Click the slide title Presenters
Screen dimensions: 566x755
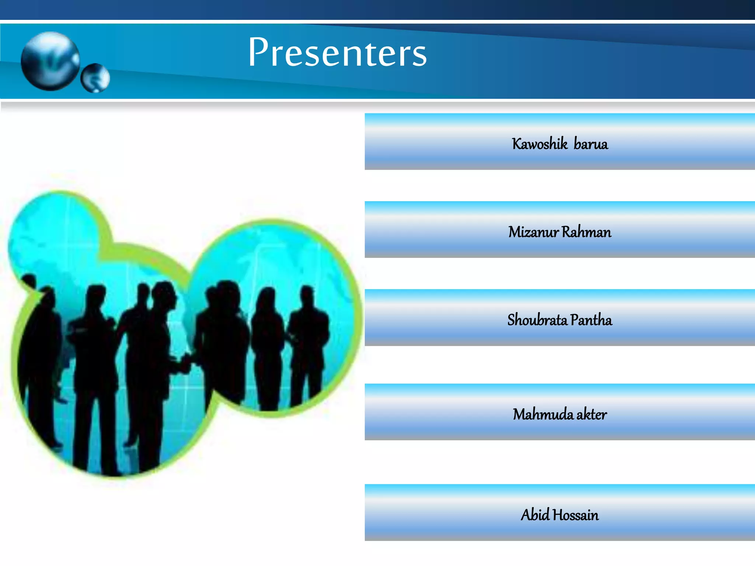point(337,52)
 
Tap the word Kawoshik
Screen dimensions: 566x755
point(539,144)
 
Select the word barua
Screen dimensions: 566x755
point(591,144)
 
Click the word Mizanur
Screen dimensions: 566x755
point(533,232)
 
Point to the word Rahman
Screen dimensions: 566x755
point(586,232)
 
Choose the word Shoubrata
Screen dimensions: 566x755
point(537,320)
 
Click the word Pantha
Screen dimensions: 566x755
point(591,320)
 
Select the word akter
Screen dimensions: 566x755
point(591,414)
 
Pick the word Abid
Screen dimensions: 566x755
point(535,515)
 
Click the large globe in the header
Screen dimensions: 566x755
point(50,61)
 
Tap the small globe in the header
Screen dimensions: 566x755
point(95,78)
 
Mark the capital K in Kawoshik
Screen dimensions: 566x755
point(516,144)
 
